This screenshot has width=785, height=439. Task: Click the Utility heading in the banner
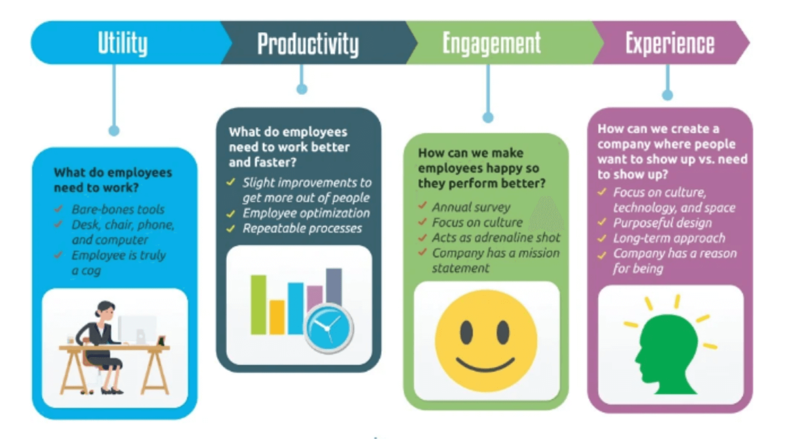click(x=123, y=43)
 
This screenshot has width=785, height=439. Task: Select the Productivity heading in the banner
click(x=307, y=44)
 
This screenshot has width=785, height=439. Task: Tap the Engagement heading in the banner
click(x=491, y=43)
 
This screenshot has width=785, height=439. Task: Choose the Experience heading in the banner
click(x=669, y=43)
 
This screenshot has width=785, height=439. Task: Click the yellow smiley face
click(x=486, y=341)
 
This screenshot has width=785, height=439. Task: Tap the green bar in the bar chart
click(x=258, y=304)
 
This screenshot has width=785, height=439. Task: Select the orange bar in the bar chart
click(x=277, y=317)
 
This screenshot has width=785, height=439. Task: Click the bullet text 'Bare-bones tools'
click(x=118, y=209)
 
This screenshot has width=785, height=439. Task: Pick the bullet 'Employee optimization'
click(x=306, y=213)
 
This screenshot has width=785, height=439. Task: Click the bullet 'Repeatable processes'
click(x=302, y=228)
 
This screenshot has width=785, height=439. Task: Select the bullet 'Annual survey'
click(x=471, y=207)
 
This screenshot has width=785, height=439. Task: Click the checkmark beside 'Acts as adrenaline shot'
click(x=423, y=238)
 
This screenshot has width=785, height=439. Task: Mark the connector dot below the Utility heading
click(x=114, y=131)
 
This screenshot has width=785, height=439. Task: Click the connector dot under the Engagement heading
click(x=487, y=118)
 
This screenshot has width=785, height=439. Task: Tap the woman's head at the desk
click(x=104, y=309)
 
